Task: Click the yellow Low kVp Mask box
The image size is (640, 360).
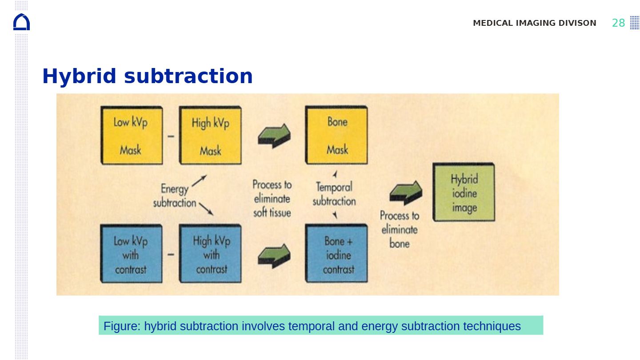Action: pos(132,136)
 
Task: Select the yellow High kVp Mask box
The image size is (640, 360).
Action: pos(210,136)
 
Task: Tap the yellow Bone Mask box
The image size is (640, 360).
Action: pos(336,135)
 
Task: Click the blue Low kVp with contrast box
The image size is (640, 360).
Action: pos(132,254)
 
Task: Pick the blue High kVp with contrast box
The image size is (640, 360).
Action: pos(210,254)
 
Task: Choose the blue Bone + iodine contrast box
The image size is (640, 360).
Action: pos(336,253)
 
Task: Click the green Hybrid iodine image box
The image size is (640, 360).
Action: pos(464,192)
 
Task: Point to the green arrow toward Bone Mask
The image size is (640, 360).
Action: pos(274,136)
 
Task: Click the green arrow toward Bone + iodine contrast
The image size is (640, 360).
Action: pos(274,256)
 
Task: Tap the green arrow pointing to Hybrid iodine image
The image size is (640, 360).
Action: pos(406,193)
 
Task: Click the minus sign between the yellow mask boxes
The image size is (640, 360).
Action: pos(171,136)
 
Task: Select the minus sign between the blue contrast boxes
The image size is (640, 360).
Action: pos(171,254)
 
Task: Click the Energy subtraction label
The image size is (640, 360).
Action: pos(175,196)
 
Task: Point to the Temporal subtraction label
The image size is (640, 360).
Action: pos(334,194)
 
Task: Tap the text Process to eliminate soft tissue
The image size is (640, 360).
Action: pos(272,199)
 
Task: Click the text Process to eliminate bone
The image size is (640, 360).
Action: pos(400,230)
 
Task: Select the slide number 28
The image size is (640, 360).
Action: pos(618,23)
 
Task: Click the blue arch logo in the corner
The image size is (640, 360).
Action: pos(21,22)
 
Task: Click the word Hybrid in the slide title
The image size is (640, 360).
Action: pos(79,76)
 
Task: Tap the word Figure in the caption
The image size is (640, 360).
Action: pos(122,326)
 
